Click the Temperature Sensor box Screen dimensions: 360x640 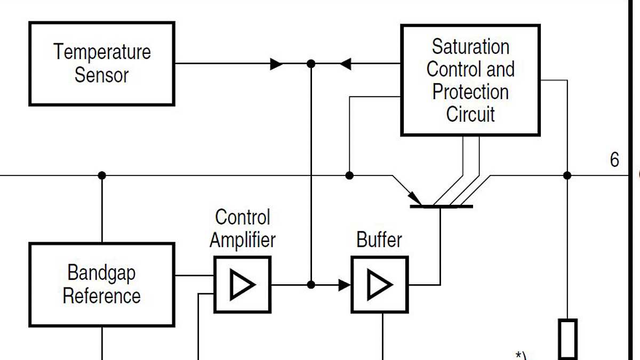(101, 63)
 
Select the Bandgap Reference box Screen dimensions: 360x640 (101, 284)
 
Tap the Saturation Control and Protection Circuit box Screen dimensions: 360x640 (470, 80)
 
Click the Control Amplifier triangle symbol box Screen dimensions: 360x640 (243, 284)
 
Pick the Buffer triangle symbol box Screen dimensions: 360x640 (379, 284)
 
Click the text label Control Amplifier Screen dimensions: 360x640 (243, 228)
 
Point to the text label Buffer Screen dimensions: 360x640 (379, 239)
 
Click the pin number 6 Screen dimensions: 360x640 (614, 160)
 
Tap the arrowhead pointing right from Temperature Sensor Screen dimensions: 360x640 (276, 64)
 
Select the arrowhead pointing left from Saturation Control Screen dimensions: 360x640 (346, 64)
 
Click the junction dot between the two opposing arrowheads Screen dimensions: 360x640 (311, 64)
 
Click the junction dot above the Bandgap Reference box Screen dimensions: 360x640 (102, 175)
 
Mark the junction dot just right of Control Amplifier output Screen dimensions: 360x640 (311, 285)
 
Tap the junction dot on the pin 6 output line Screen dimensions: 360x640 (567, 175)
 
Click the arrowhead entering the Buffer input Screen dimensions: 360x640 (345, 285)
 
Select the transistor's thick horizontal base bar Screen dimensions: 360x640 (441, 206)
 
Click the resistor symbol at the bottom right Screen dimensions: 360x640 (567, 339)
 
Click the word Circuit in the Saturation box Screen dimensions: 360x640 (470, 114)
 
